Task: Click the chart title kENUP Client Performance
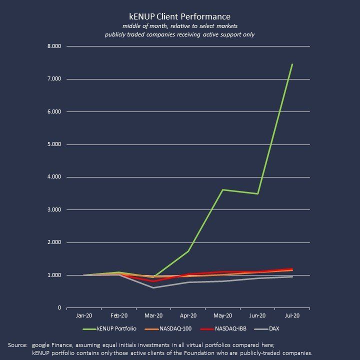(179, 17)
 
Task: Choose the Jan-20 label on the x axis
(83, 316)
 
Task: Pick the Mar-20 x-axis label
(153, 316)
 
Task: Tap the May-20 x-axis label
(222, 316)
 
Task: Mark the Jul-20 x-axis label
(292, 316)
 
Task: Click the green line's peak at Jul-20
(292, 64)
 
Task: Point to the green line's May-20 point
(222, 190)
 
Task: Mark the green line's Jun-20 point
(257, 193)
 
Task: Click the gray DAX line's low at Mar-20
(153, 287)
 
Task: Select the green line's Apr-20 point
(188, 251)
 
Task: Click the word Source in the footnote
(17, 345)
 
